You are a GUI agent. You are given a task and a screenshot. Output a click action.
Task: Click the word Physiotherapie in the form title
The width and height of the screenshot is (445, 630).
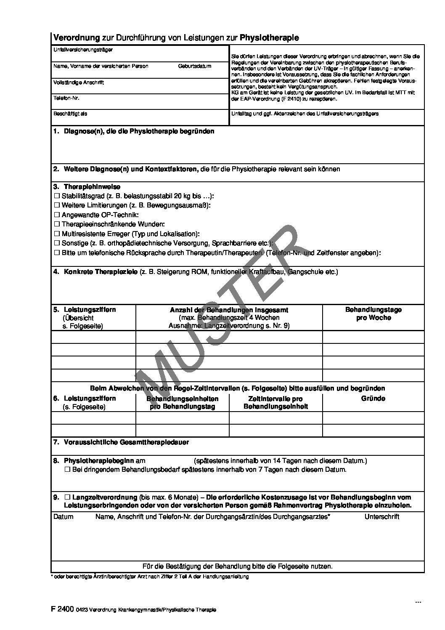269,38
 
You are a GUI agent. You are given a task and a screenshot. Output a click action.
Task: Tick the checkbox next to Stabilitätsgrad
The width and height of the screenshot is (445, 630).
57,196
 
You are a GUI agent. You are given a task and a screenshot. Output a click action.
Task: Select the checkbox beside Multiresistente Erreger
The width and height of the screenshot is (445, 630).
57,234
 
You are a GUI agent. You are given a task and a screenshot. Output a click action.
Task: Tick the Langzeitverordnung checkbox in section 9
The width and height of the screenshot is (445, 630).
67,497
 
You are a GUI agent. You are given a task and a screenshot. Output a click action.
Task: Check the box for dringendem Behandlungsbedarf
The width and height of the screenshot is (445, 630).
67,470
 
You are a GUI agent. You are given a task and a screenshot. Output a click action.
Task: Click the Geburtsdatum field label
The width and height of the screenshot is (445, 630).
195,66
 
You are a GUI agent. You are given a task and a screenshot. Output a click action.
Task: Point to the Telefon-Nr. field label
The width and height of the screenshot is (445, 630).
66,98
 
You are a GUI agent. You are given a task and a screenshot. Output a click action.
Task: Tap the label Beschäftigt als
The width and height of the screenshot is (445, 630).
70,114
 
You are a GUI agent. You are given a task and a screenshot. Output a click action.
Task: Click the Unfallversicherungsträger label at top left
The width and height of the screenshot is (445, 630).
83,50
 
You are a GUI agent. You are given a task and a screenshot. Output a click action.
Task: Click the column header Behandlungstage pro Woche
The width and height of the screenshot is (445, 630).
373,314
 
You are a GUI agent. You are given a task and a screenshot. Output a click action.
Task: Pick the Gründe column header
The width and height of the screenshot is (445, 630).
373,399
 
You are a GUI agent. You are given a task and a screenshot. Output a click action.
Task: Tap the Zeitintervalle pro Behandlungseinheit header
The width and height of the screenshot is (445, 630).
275,402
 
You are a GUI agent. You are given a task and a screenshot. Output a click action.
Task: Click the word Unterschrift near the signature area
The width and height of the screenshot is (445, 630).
381,517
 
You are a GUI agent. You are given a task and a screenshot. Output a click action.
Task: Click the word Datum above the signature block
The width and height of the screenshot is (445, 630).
64,517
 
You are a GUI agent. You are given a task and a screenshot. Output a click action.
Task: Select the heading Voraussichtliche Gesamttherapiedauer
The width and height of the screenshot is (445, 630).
126,442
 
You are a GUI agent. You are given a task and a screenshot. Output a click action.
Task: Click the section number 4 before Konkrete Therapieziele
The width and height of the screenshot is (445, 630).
56,272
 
